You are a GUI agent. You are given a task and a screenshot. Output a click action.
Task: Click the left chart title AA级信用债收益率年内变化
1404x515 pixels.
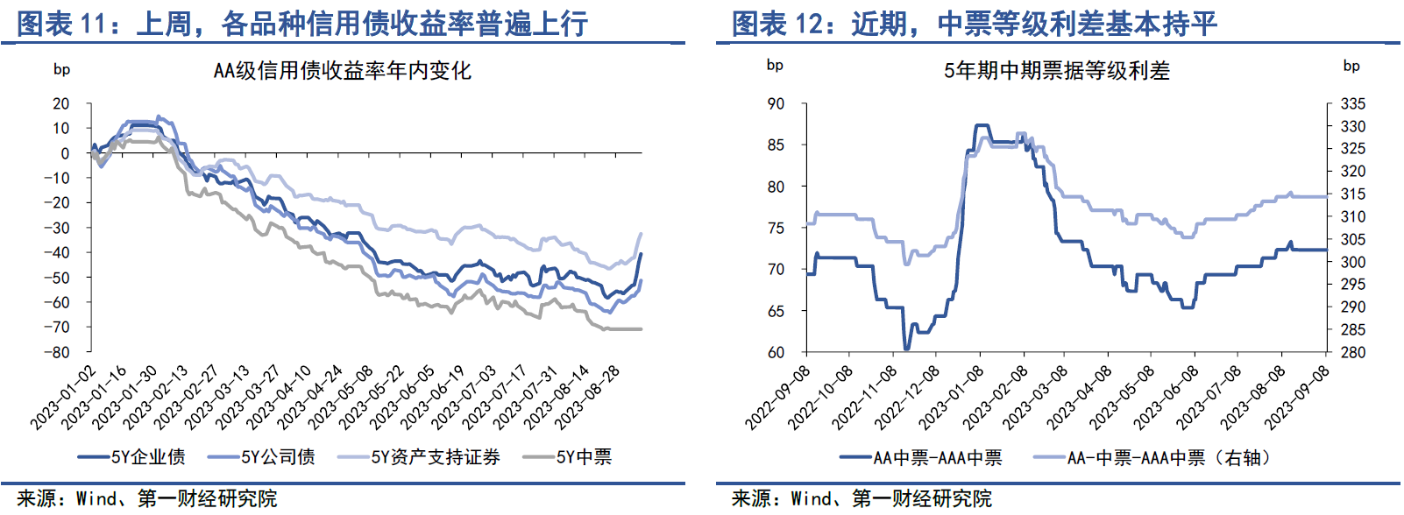[x=342, y=71]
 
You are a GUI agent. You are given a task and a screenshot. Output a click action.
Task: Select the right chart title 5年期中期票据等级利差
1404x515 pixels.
[x=1056, y=71]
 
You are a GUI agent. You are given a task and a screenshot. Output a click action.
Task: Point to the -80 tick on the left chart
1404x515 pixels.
[x=59, y=353]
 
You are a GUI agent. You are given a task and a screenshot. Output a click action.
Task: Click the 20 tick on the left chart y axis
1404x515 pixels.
[x=61, y=103]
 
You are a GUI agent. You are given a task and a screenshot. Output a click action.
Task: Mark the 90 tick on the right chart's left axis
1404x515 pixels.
[x=776, y=103]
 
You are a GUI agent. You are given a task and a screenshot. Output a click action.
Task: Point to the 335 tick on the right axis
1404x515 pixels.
[x=1352, y=103]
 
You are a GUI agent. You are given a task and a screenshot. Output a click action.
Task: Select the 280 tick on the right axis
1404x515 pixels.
[x=1352, y=352]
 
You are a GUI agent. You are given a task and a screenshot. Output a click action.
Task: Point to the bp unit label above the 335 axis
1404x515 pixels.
[x=1351, y=66]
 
